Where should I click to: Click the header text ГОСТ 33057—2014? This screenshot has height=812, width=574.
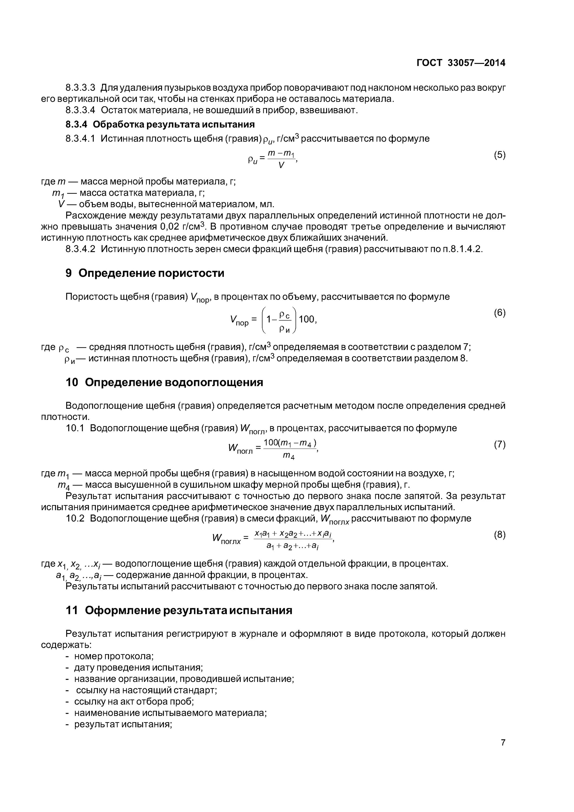(461, 63)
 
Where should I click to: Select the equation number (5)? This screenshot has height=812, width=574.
(499, 155)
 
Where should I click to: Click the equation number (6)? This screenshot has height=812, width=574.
(499, 313)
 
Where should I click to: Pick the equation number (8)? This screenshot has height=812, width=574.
(499, 535)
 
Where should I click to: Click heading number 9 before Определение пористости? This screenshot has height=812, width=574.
(69, 273)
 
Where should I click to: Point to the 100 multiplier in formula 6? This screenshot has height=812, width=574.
(307, 319)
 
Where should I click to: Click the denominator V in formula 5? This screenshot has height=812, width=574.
(281, 165)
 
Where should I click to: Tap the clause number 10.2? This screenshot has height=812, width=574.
(75, 519)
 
